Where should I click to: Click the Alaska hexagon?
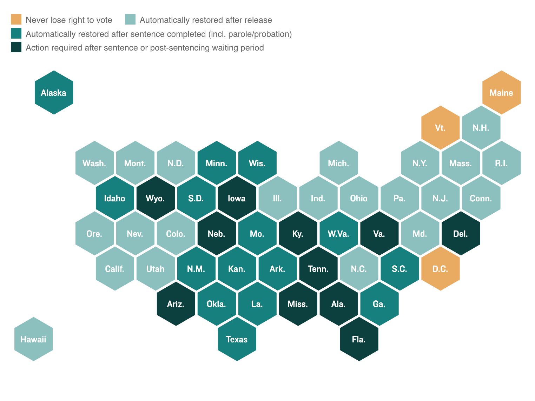coord(54,93)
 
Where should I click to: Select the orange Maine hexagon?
coord(501,93)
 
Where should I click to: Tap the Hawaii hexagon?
coord(33,339)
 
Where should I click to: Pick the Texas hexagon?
coord(237,339)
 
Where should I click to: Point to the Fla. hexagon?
coord(359,339)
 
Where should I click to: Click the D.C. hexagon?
coord(440,269)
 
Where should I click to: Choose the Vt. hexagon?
coord(440,128)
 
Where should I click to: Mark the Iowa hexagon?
coord(237,198)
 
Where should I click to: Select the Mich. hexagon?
coord(339,163)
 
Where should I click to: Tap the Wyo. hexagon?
coord(156,198)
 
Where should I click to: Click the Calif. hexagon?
coord(115,269)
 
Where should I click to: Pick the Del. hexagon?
coord(461,234)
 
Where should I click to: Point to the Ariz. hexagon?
coord(176,304)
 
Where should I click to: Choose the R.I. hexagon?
coord(501,163)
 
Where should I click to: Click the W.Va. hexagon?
coord(339,234)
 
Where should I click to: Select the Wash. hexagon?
coord(94,163)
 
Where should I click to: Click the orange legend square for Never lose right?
coord(16,20)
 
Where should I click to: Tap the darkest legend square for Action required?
coord(16,47)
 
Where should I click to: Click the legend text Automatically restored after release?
coord(206,20)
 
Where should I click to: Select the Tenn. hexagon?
coord(318,269)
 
